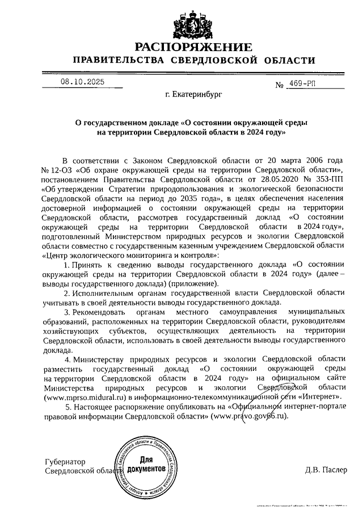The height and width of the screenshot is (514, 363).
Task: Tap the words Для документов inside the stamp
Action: point(146,465)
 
